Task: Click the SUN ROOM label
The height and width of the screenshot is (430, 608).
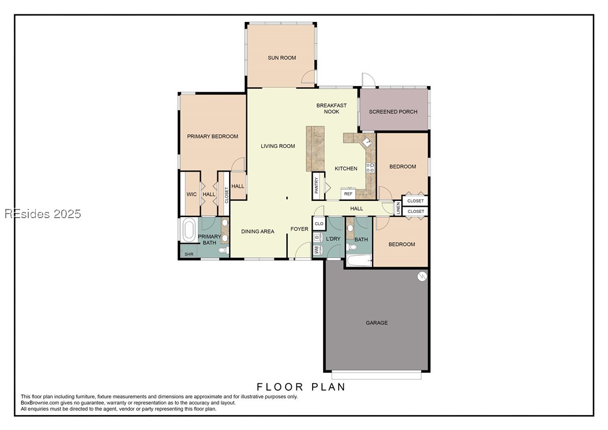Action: (x=282, y=58)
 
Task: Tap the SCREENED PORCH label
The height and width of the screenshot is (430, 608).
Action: (x=393, y=112)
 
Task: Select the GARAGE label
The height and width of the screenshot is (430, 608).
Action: (x=377, y=323)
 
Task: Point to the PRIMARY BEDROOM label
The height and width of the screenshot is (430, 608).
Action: (x=212, y=137)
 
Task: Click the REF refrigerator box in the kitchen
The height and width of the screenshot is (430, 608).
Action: (x=348, y=194)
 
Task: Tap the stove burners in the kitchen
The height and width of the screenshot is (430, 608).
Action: (x=370, y=167)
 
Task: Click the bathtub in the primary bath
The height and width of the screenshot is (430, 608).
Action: (x=189, y=230)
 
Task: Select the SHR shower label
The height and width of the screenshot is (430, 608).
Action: (x=189, y=254)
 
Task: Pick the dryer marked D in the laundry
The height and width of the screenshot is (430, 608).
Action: (x=318, y=237)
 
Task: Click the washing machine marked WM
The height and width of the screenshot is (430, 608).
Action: (x=318, y=249)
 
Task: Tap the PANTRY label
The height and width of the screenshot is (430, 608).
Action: (x=317, y=185)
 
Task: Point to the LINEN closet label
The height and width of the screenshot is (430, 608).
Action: (x=398, y=208)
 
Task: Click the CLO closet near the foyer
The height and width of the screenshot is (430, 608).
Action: (x=319, y=224)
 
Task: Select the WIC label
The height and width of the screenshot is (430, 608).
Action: (x=192, y=195)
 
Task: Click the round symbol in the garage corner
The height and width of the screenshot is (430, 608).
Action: (x=422, y=276)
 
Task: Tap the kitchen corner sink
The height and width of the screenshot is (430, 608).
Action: (x=367, y=143)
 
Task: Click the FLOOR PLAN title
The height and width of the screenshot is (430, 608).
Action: (x=301, y=387)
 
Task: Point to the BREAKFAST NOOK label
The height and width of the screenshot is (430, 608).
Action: (x=332, y=109)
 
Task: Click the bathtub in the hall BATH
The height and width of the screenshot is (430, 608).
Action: (x=359, y=261)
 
